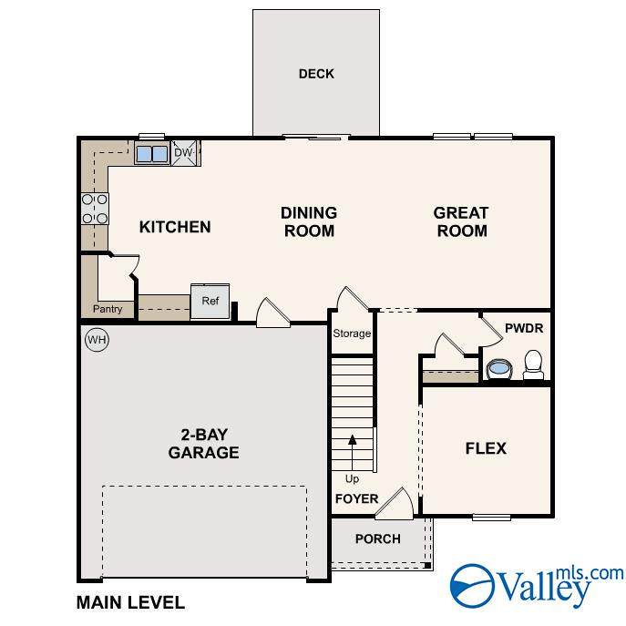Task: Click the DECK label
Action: (316, 74)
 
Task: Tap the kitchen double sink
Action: (151, 154)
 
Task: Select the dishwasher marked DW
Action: (184, 152)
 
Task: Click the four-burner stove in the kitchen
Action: (95, 209)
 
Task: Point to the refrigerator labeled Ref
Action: (210, 301)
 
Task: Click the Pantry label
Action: (108, 309)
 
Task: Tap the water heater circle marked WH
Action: (97, 340)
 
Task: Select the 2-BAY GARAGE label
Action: (203, 444)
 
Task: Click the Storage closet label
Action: (352, 334)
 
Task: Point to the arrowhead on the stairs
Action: (352, 439)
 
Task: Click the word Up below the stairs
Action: (352, 478)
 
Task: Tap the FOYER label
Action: (356, 498)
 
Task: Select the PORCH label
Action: (377, 539)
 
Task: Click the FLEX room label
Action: (486, 448)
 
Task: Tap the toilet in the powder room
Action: (533, 364)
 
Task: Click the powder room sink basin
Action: (499, 368)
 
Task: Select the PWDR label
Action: (524, 328)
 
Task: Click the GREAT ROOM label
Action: (461, 222)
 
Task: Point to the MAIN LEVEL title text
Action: (130, 602)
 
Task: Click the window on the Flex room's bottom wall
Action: (491, 518)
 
